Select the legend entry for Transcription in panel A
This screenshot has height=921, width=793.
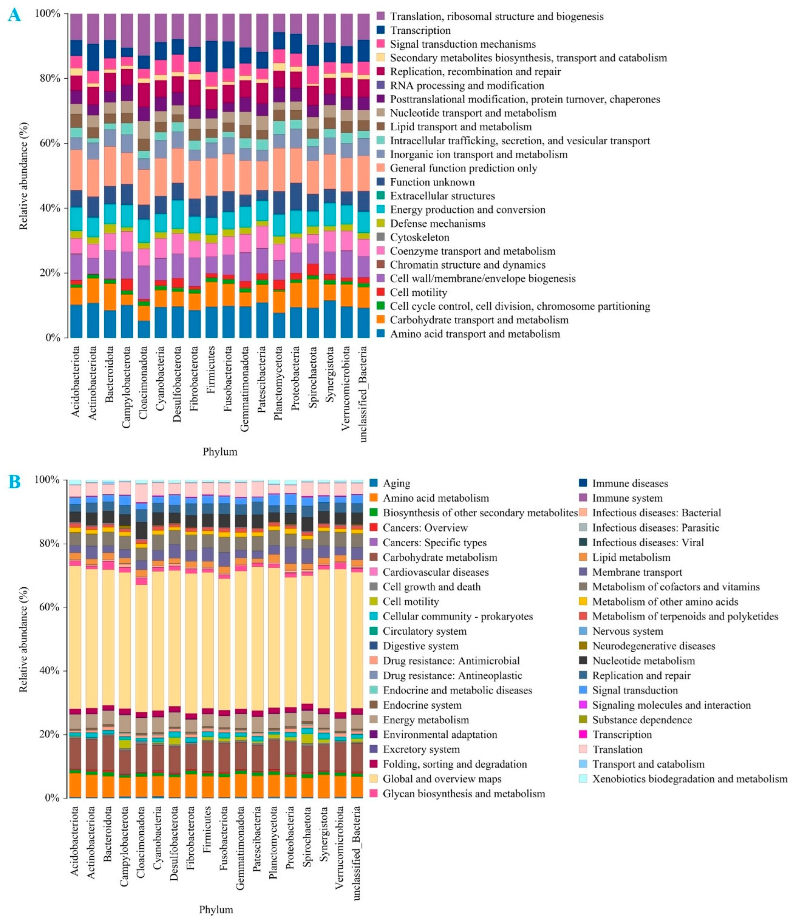click(420, 30)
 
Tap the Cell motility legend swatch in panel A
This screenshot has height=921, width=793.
click(380, 292)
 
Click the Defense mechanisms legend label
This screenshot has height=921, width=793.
click(437, 224)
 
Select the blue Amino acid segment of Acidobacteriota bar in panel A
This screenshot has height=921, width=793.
click(76, 321)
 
